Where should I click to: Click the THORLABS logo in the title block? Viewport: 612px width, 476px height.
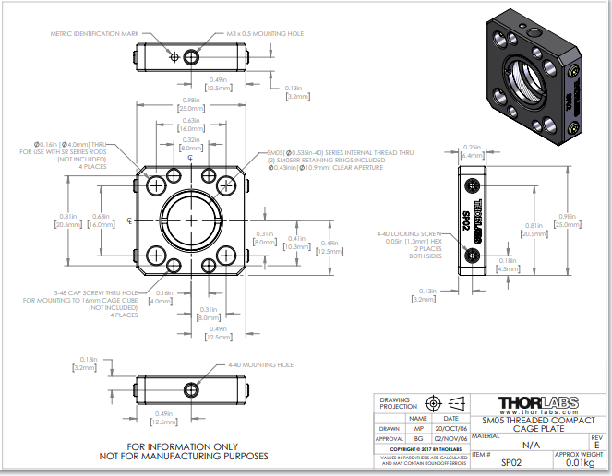click(x=538, y=402)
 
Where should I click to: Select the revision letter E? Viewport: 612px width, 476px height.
click(x=597, y=445)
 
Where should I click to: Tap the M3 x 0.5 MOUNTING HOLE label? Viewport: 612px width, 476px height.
click(x=265, y=33)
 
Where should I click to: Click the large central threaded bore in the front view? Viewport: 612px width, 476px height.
click(x=191, y=221)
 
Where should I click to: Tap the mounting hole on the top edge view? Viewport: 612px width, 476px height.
click(x=191, y=57)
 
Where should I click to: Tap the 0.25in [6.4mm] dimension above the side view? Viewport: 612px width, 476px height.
click(x=471, y=150)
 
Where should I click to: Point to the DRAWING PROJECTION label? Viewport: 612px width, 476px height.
click(x=396, y=404)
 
